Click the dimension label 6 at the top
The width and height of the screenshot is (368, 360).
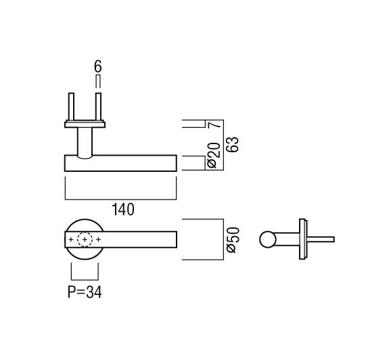click(x=97, y=66)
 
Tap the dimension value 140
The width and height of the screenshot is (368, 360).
click(x=123, y=210)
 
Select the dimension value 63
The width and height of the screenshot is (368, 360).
click(x=233, y=144)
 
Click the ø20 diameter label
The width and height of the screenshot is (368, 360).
click(x=214, y=156)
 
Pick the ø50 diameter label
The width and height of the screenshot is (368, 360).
click(x=233, y=240)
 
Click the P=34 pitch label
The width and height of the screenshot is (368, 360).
click(x=85, y=292)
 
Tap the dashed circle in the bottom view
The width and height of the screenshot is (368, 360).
click(x=85, y=240)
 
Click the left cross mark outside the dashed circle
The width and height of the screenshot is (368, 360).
click(x=71, y=240)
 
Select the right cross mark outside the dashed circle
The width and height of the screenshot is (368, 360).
click(x=99, y=240)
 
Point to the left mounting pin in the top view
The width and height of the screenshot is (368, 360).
click(x=71, y=107)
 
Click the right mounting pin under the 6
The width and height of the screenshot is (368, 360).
click(x=98, y=107)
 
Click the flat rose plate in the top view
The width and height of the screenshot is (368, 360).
click(x=85, y=125)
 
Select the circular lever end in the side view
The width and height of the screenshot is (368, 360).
click(x=268, y=240)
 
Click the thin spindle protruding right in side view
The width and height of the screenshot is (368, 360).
click(x=320, y=240)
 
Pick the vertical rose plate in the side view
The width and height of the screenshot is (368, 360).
click(x=302, y=239)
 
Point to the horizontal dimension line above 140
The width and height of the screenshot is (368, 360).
click(x=120, y=200)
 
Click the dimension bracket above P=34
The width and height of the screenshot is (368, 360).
click(x=85, y=279)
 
